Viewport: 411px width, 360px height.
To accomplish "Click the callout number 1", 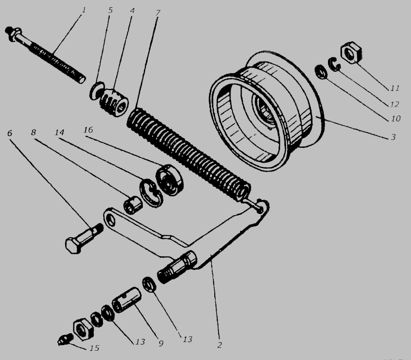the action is point(84,10).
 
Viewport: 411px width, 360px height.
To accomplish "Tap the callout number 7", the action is point(158,13).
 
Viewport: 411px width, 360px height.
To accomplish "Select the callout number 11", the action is point(395,88).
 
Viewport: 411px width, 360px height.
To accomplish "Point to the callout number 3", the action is point(393,137).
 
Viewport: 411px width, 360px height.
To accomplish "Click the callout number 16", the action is point(88,130).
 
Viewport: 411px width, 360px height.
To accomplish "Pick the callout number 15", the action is point(95,348).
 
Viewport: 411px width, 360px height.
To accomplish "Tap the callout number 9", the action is point(161,343).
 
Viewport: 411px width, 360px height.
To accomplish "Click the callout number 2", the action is point(220,345).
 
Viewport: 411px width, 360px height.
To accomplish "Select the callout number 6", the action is point(10,133).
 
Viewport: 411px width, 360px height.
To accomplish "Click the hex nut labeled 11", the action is point(351,53).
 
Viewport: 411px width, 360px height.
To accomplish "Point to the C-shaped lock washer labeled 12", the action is point(334,64).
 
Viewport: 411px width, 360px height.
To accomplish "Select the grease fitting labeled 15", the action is point(65,339).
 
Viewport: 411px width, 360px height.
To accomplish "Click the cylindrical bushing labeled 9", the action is point(127,299).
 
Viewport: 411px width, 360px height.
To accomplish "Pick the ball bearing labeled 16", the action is point(169,180).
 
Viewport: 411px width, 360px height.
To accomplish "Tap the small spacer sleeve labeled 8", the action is point(133,205).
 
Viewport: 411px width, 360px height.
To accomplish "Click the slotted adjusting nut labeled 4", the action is point(114,102).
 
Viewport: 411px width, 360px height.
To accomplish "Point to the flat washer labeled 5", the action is point(96,91).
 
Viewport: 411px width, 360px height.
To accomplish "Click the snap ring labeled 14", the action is point(151,193).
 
